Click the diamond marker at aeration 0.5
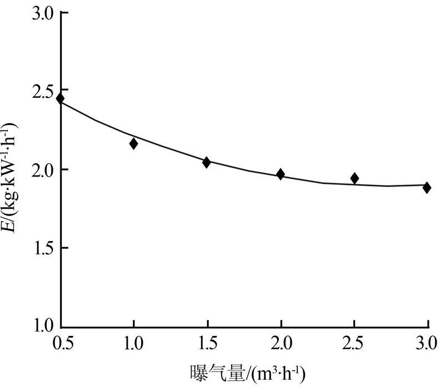tap(60, 99)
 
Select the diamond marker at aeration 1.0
tap(133, 144)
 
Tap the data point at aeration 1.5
tap(207, 163)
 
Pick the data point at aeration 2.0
tap(280, 174)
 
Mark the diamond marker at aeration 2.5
tap(354, 178)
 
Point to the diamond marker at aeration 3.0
tap(427, 188)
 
